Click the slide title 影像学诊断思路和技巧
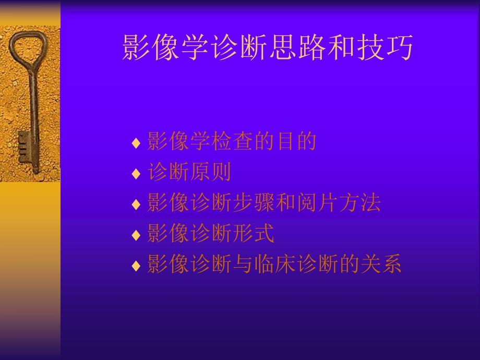coord(268,49)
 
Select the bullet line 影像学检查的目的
coord(232,141)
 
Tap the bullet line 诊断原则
coord(189,172)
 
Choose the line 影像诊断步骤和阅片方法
coord(264,203)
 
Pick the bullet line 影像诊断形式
coord(211,234)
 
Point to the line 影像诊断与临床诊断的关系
coord(274,265)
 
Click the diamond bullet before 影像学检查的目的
coord(136,142)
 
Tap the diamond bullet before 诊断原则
coord(136,174)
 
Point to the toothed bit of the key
coord(23,146)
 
